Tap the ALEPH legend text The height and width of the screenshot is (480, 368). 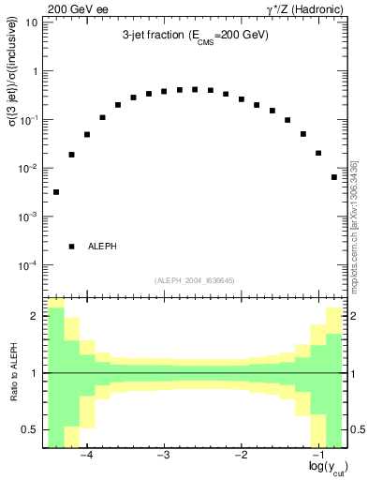[x=102, y=247]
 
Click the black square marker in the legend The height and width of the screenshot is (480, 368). [x=72, y=247]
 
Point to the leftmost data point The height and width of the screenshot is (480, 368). [x=56, y=192]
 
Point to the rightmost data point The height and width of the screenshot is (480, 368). [x=334, y=177]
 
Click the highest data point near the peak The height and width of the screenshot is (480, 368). [x=195, y=89]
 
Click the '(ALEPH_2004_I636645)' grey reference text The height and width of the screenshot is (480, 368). [x=194, y=280]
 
